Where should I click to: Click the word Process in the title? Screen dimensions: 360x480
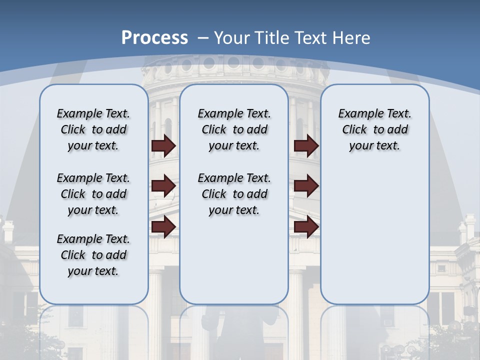pos(154,38)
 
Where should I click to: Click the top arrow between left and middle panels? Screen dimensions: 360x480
pos(163,145)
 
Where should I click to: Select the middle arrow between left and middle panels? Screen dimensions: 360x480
pos(163,186)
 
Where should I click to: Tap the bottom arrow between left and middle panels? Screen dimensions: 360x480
pos(163,226)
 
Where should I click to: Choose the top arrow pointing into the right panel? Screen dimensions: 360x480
pos(306,145)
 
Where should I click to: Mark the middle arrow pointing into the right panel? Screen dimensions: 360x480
pos(306,186)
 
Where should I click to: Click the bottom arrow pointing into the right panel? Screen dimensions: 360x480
pos(306,226)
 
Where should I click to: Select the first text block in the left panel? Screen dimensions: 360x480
pos(93,129)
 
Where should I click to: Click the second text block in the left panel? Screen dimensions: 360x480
pos(93,194)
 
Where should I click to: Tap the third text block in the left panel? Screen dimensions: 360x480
pos(93,255)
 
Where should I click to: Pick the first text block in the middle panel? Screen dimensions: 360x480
pos(234,129)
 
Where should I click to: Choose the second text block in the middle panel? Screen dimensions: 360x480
pos(234,194)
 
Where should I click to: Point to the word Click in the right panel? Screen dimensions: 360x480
pos(354,130)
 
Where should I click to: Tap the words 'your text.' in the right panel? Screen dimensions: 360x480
pos(374,146)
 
